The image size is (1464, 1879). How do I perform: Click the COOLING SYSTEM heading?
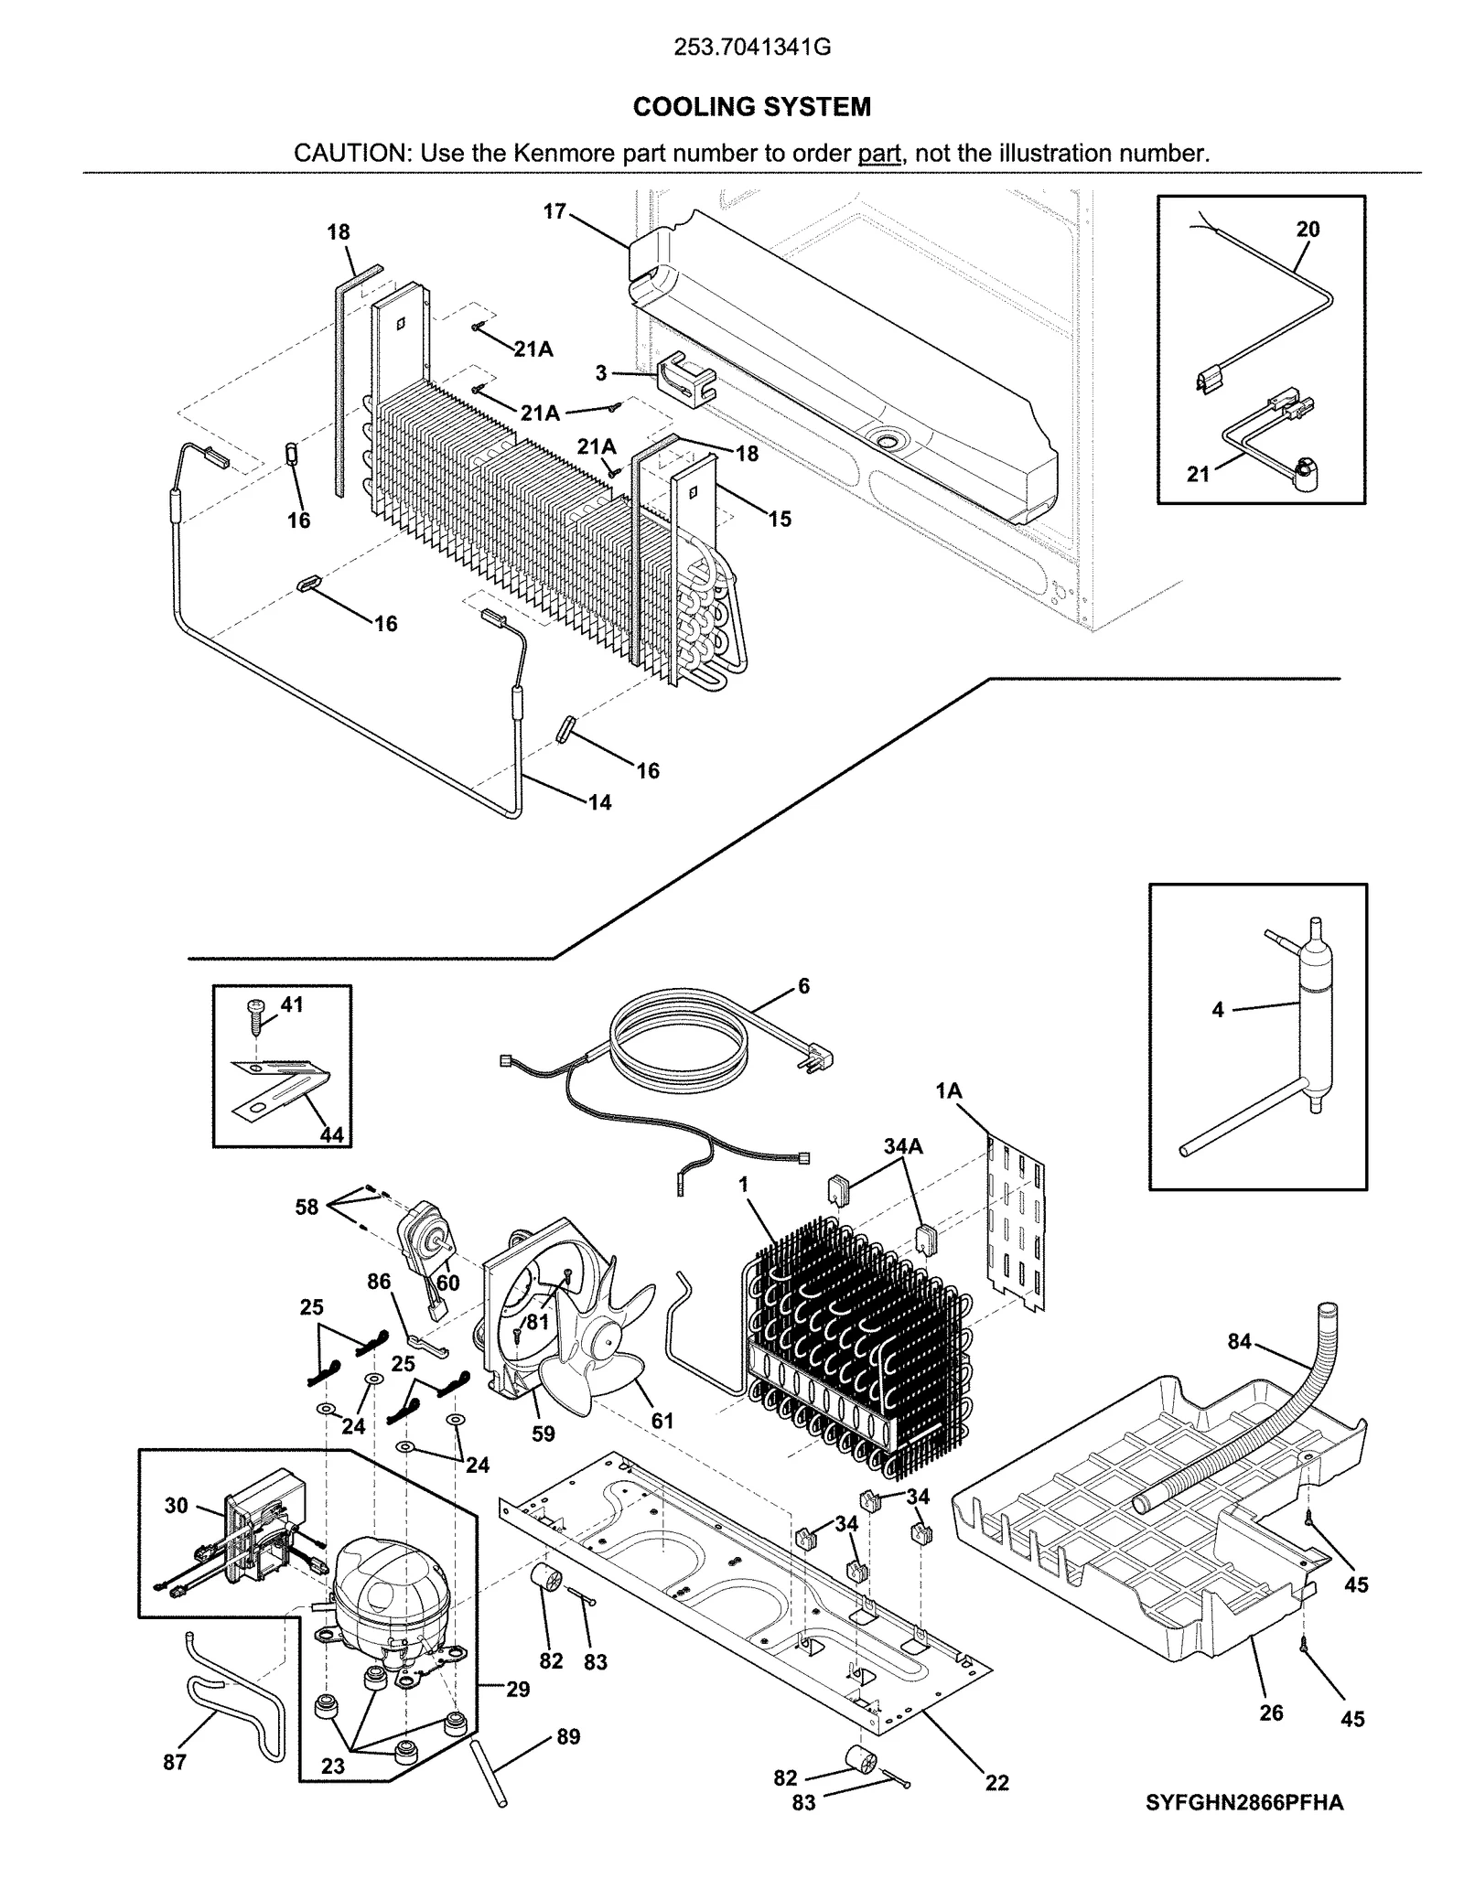pos(751,107)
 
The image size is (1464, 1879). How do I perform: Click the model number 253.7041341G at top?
pos(751,48)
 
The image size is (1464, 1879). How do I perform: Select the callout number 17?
pos(554,211)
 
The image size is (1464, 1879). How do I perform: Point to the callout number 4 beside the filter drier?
pos(1217,1011)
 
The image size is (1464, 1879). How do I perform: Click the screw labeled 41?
pos(255,1011)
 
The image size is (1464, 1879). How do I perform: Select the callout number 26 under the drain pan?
pos(1271,1713)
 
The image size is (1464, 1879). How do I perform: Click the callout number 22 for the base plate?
pos(996,1782)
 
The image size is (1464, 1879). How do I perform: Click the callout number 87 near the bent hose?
pos(175,1762)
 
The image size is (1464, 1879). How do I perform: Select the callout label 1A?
pos(949,1090)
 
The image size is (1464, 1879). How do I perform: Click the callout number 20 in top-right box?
pos(1308,229)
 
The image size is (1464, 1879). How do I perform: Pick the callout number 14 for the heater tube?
pos(599,802)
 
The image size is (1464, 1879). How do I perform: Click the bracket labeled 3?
pos(684,377)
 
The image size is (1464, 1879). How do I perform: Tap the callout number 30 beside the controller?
pos(177,1505)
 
